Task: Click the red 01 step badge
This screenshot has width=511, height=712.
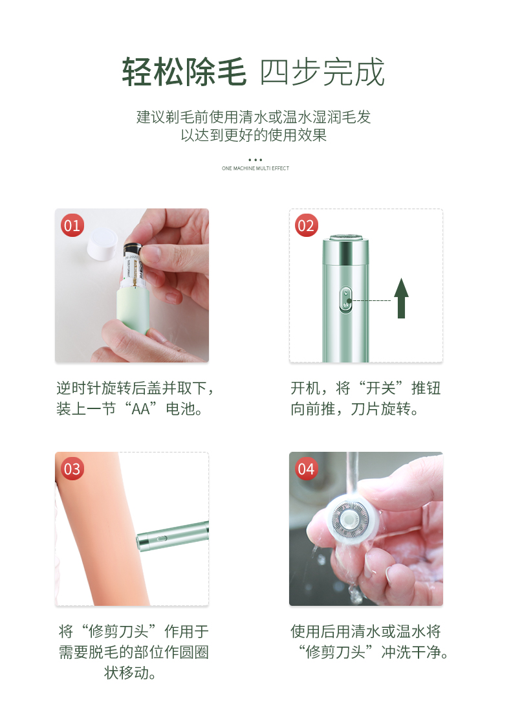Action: (72, 225)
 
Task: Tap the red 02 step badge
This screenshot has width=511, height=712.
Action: (307, 225)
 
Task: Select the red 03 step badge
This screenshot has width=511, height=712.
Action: (72, 469)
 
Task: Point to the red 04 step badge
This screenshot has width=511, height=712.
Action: (307, 469)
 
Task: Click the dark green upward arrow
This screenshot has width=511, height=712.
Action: (401, 298)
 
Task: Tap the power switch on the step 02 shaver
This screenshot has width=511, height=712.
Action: (346, 299)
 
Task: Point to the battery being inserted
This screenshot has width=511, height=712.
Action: (133, 266)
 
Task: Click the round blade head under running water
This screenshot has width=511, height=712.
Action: (349, 518)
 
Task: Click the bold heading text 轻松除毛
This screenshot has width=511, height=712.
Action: (184, 72)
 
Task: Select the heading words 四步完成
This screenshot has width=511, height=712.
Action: (322, 72)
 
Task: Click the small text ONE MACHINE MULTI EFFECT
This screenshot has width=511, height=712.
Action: (255, 168)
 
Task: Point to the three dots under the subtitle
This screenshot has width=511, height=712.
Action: (255, 160)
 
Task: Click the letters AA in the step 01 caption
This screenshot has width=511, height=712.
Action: (140, 409)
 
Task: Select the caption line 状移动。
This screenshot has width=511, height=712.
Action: (130, 673)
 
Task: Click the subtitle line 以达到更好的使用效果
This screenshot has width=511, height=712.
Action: (254, 135)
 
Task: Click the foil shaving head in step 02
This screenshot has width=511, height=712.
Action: (346, 238)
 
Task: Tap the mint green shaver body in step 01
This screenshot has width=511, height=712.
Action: (133, 311)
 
